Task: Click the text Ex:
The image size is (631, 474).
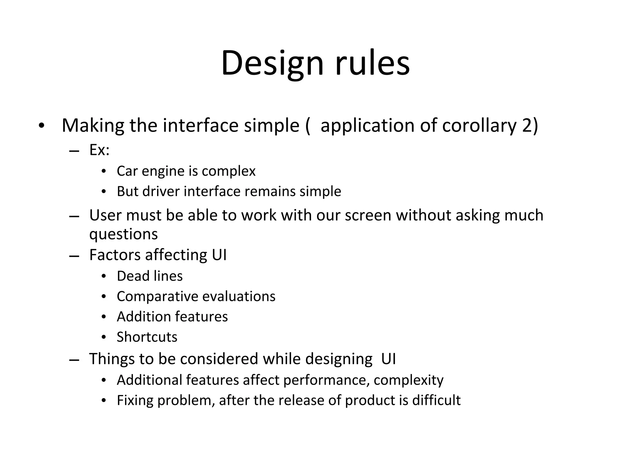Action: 99,150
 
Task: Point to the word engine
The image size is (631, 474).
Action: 163,171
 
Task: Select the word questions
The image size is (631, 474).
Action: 123,234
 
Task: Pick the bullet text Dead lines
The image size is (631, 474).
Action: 150,276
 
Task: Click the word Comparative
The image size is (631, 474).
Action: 157,297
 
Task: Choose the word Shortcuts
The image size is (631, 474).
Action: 147,337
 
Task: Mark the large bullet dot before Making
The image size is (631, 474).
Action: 42,126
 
